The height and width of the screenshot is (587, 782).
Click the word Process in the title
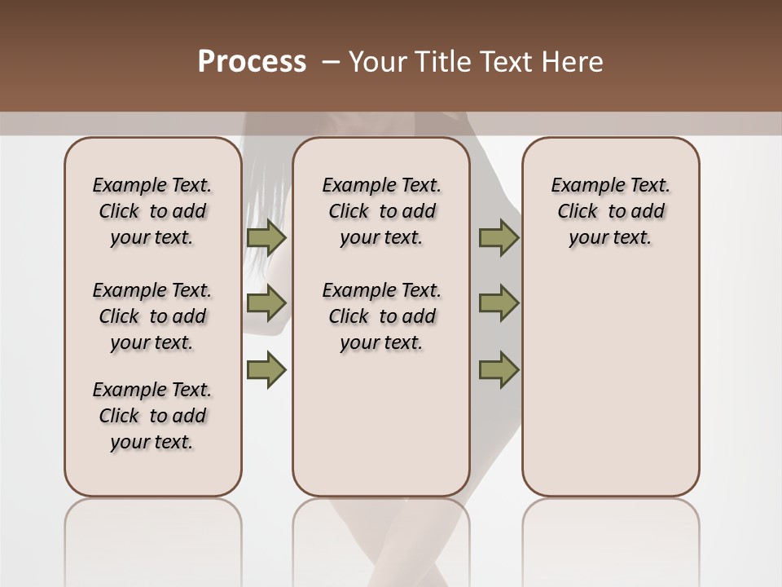(x=252, y=62)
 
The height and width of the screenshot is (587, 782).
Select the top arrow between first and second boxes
(x=266, y=238)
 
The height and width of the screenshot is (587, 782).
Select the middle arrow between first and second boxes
(x=266, y=303)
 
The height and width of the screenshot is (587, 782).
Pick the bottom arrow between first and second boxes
(x=266, y=370)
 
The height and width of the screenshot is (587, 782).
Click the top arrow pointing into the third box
(x=499, y=238)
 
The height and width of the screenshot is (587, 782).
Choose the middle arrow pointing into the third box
(x=499, y=303)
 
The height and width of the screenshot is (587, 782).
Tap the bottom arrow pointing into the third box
(x=499, y=370)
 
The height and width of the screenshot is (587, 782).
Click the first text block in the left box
(x=152, y=211)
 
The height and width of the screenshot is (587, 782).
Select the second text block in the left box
(x=152, y=316)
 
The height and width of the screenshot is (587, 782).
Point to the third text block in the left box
(x=152, y=416)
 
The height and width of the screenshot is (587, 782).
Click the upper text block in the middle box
(x=381, y=211)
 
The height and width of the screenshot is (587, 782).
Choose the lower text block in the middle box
(x=381, y=316)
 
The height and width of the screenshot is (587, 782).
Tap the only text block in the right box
(x=610, y=211)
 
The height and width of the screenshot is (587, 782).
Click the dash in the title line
(x=331, y=62)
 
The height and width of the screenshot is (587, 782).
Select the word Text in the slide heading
(x=503, y=62)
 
